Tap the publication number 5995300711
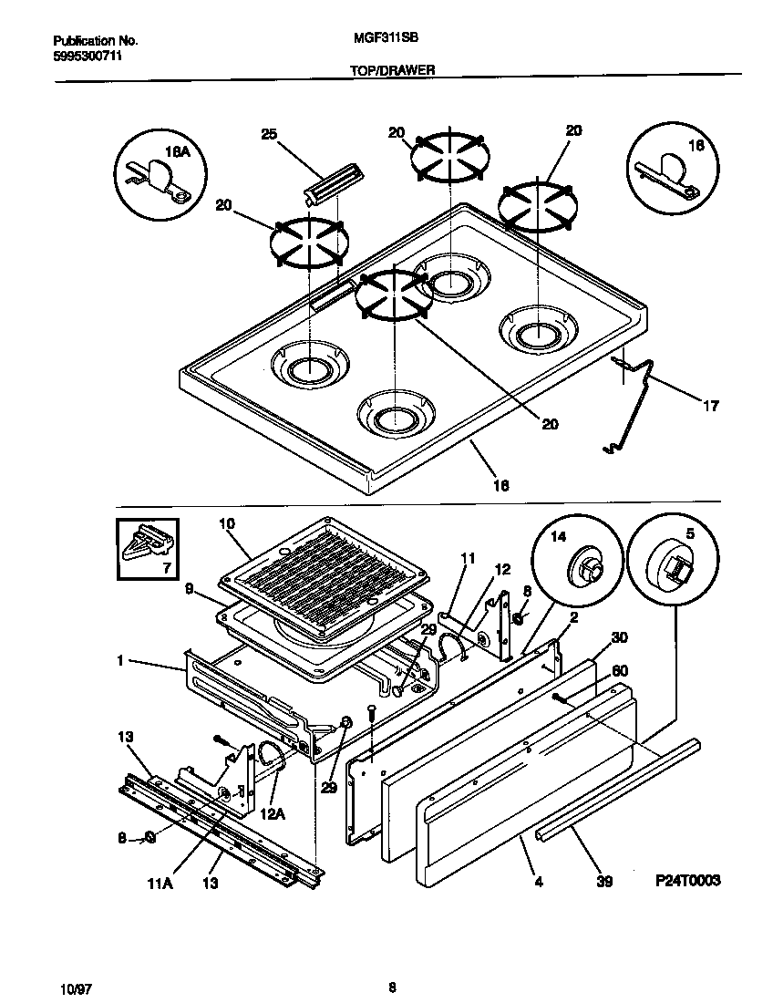pyautogui.click(x=88, y=56)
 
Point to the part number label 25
pyautogui.click(x=268, y=134)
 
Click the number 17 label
pyautogui.click(x=710, y=406)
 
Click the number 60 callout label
pyautogui.click(x=620, y=670)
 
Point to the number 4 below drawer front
pyautogui.click(x=539, y=882)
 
